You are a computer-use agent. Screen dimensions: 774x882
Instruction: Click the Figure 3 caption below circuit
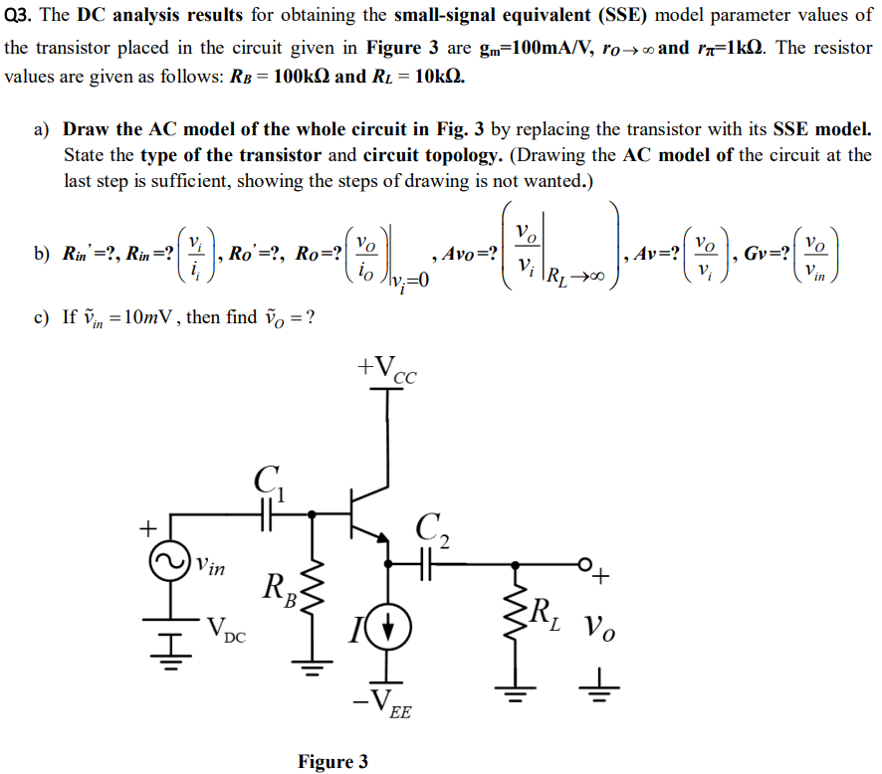(332, 762)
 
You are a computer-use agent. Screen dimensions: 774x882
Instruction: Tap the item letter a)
(42, 129)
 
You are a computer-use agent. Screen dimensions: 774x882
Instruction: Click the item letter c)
(42, 318)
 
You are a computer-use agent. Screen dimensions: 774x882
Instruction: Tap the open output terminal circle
(585, 564)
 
